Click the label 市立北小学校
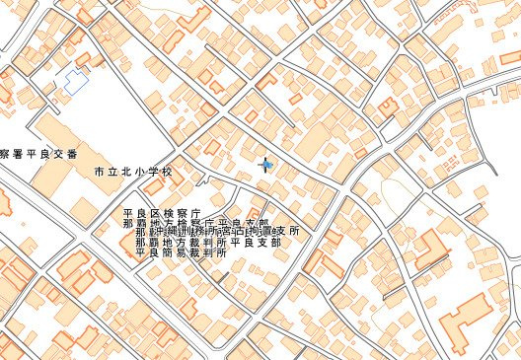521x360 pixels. [133, 172]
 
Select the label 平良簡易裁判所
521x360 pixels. [181, 252]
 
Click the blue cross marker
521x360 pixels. [264, 164]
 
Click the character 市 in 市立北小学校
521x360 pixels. [99, 172]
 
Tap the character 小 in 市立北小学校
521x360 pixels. [140, 172]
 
